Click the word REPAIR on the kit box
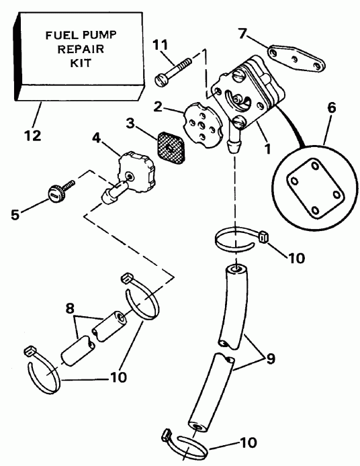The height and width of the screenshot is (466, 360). (x=81, y=49)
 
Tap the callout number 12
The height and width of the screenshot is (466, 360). (x=32, y=136)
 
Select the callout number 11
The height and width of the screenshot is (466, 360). (x=161, y=45)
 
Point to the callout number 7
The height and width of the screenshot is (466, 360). (x=242, y=34)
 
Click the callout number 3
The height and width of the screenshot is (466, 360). (x=130, y=124)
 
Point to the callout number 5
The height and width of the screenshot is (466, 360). (x=15, y=215)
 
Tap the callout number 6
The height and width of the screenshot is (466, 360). (x=332, y=107)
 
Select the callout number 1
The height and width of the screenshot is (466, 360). (x=268, y=148)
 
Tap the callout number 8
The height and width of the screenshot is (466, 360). (x=70, y=308)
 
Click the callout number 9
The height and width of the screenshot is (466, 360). (x=270, y=359)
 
